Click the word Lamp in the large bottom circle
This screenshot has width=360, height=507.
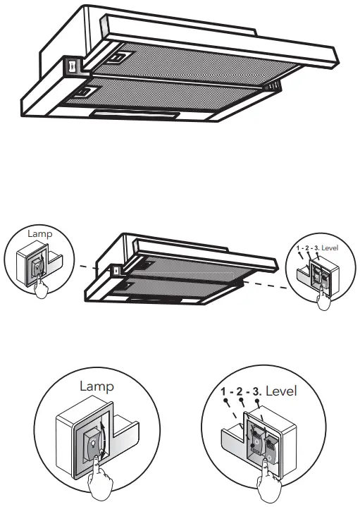tap(97, 386)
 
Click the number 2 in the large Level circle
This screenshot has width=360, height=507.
tap(240, 391)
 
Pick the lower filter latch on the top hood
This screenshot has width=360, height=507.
tap(87, 90)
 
